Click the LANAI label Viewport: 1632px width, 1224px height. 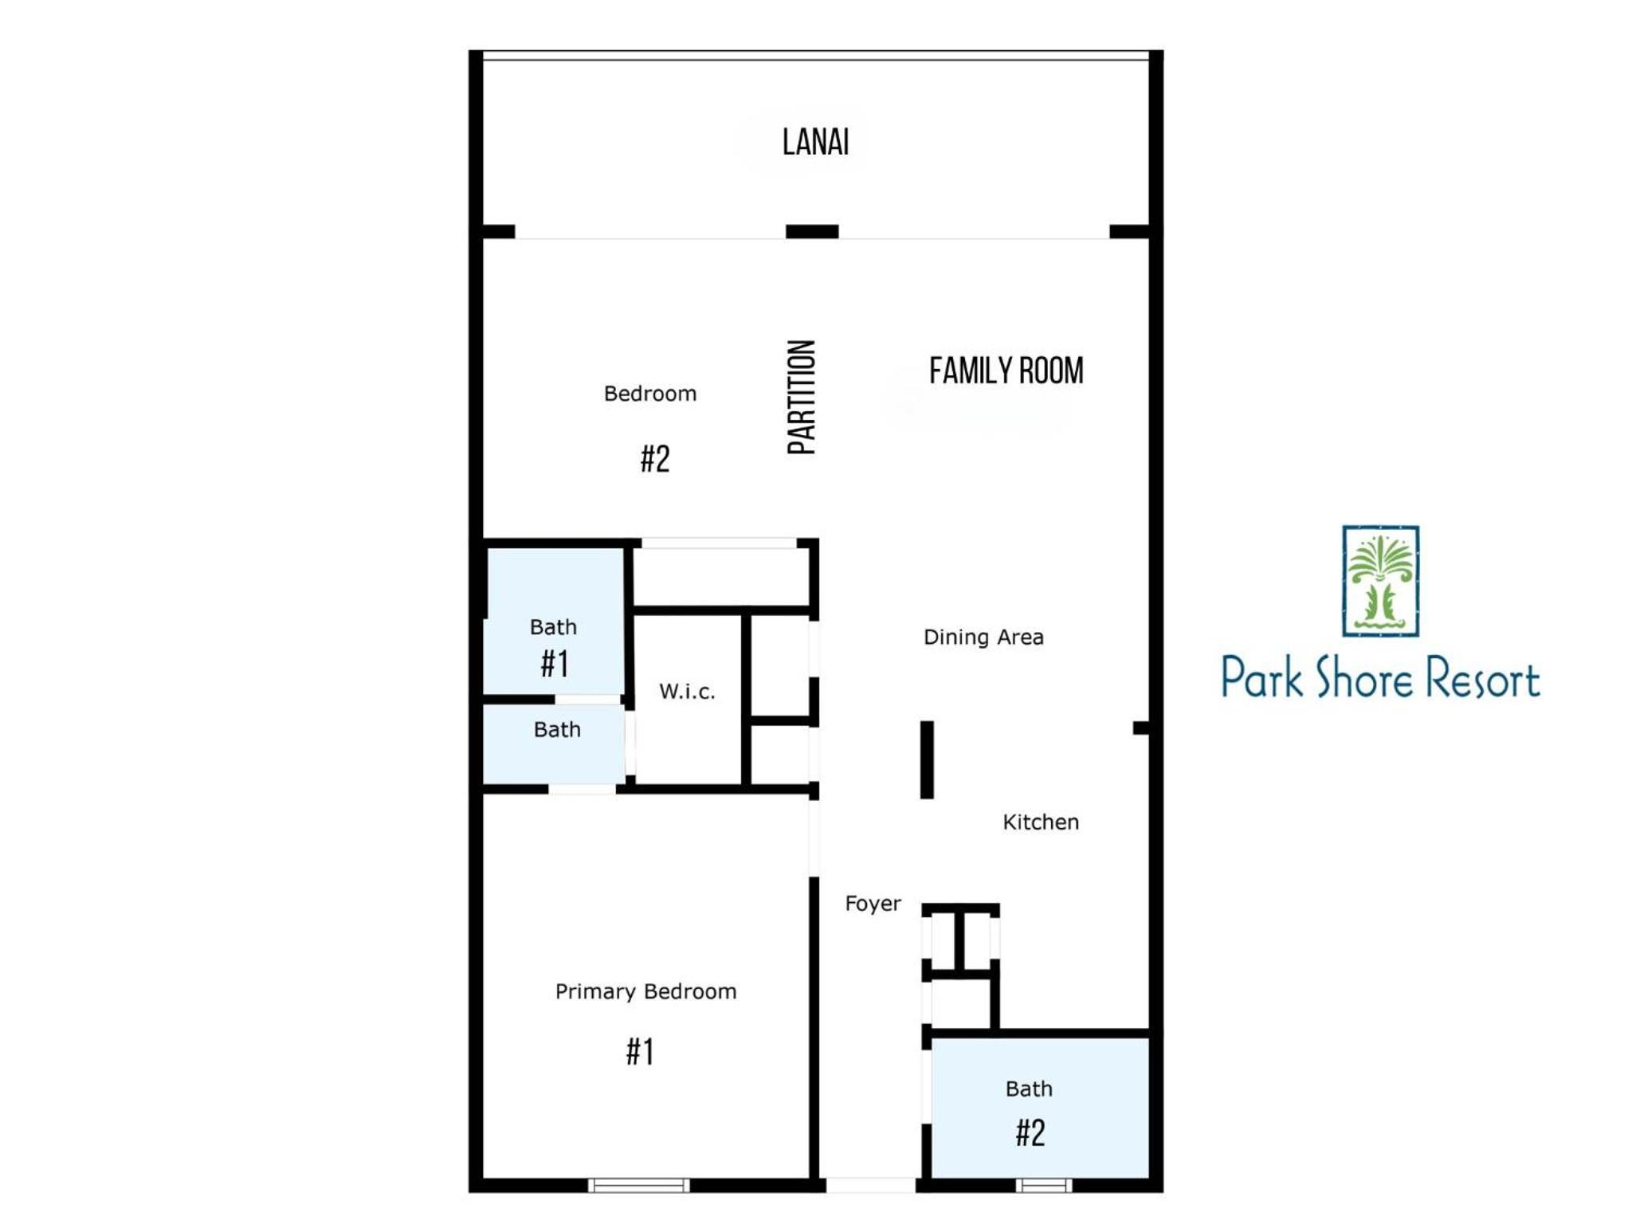click(815, 143)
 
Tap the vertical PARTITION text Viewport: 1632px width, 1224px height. click(802, 397)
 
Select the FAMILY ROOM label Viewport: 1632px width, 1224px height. click(1006, 371)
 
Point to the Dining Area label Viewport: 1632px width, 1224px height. click(983, 637)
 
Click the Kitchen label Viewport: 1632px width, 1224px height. click(1041, 822)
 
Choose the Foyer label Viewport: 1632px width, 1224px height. click(873, 903)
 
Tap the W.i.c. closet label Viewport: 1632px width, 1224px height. click(687, 691)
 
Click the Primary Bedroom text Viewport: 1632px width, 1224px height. click(645, 991)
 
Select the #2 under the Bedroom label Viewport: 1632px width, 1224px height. click(655, 459)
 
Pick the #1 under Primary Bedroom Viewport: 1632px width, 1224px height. click(640, 1052)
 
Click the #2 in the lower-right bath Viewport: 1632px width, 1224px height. click(1030, 1132)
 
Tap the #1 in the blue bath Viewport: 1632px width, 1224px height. click(555, 663)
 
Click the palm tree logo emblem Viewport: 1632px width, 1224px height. click(1380, 581)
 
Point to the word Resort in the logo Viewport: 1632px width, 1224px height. click(1481, 680)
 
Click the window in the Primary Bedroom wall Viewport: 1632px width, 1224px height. click(638, 1185)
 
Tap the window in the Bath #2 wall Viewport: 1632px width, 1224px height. click(1044, 1185)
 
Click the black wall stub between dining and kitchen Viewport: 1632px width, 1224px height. click(927, 759)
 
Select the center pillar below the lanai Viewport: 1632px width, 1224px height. click(812, 231)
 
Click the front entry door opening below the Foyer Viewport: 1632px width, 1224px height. click(870, 1185)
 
